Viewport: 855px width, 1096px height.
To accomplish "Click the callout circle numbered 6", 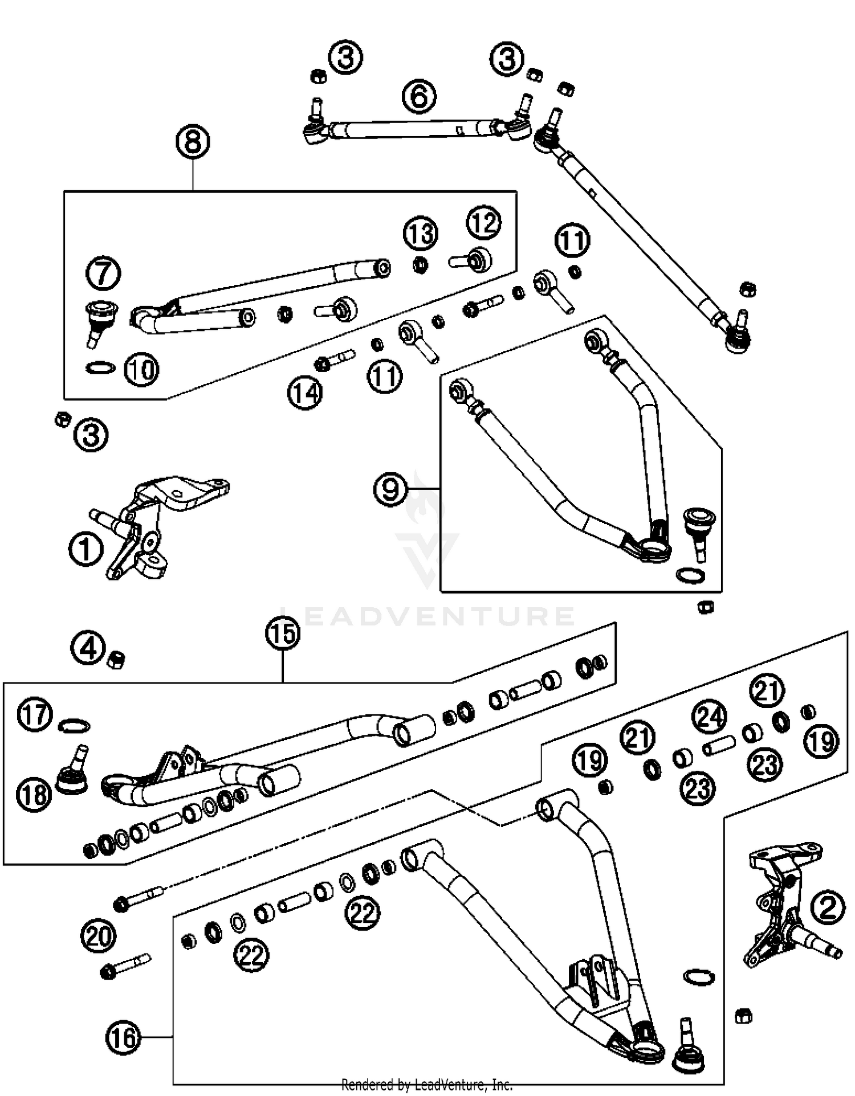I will point(419,96).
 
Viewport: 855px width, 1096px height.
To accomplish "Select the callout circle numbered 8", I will point(193,141).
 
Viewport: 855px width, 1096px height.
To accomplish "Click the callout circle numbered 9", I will point(390,489).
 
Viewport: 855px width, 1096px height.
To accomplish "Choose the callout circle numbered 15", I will point(283,633).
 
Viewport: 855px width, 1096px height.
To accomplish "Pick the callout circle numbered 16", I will point(123,1038).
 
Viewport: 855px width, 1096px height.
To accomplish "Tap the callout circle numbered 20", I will point(99,936).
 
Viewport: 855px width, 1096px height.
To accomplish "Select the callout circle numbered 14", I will point(305,392).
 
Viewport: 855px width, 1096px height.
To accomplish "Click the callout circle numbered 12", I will point(484,223).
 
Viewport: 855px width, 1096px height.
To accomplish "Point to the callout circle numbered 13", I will point(421,233).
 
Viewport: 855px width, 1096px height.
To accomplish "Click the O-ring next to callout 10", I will point(100,367).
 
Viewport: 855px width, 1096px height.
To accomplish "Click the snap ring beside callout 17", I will point(74,726).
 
